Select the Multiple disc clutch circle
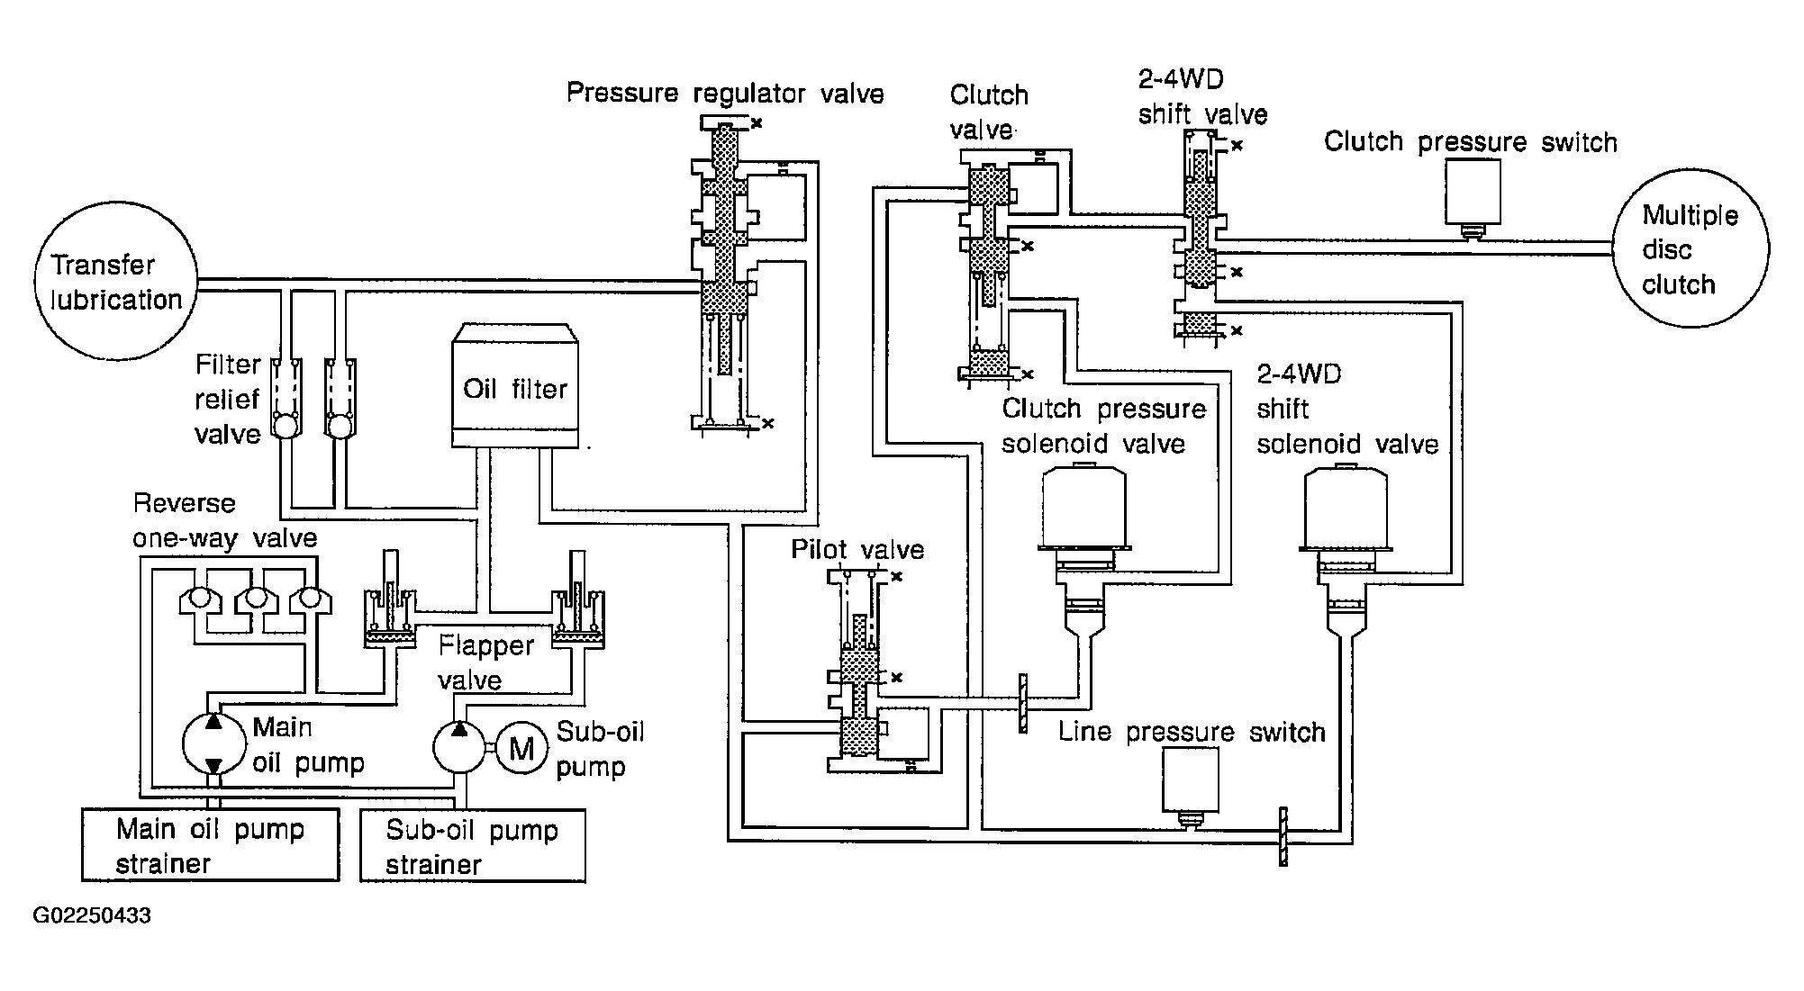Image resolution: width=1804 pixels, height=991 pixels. point(1691,248)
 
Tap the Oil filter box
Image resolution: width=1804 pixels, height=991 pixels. point(515,385)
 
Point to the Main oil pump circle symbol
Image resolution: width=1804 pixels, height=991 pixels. point(213,743)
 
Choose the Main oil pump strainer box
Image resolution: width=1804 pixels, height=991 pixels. point(211,844)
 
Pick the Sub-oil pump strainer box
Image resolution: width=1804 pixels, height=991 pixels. point(473,845)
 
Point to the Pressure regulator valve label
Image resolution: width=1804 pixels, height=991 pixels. point(725,94)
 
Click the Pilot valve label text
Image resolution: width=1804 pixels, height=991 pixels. point(857,549)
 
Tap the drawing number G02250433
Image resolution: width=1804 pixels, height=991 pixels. point(92,916)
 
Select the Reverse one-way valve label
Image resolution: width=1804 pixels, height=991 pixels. point(225,520)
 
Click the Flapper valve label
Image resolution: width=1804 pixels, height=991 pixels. point(486,662)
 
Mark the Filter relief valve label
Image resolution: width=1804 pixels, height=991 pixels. point(228,399)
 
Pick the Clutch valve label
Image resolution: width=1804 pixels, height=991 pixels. point(989,113)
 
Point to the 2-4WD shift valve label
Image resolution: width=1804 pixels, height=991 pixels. point(1202,97)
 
